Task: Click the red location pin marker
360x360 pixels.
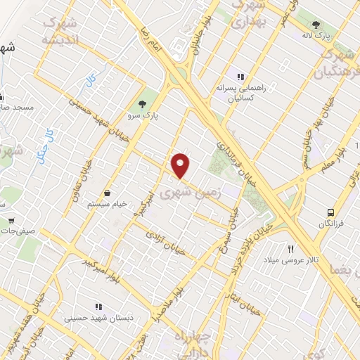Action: [x=181, y=165]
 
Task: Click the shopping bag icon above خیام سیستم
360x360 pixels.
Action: [x=108, y=193]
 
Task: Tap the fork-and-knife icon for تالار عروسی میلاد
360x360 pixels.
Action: [x=290, y=249]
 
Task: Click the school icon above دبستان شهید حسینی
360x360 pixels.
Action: [x=98, y=307]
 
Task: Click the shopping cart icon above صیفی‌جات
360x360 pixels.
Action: [x=11, y=219]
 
